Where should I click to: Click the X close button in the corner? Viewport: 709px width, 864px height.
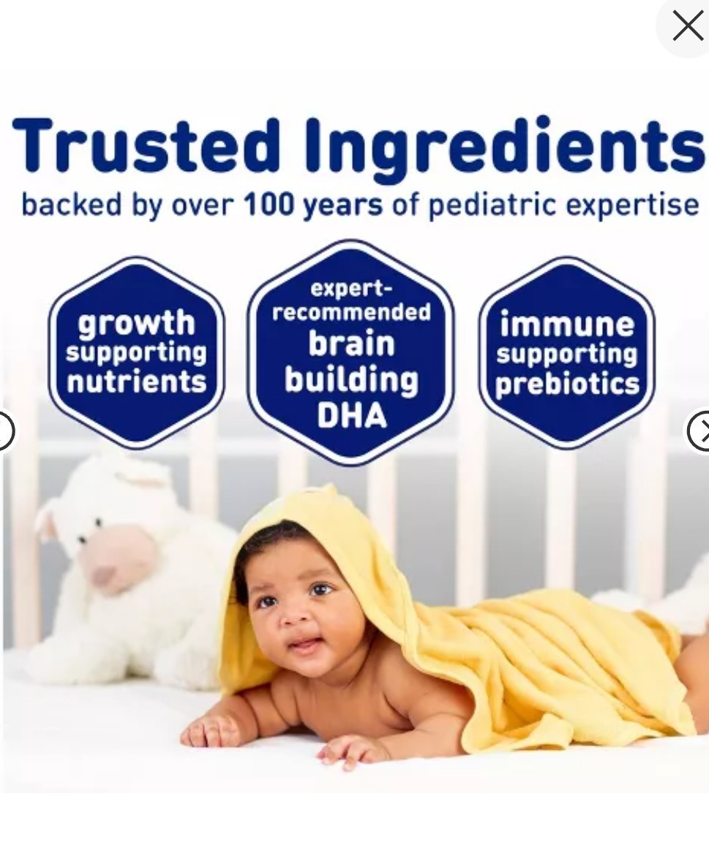coord(688,26)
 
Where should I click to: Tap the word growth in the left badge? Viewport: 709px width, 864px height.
coord(136,323)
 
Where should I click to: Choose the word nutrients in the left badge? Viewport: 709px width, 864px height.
coord(136,382)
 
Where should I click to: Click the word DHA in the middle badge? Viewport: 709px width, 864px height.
coord(351,415)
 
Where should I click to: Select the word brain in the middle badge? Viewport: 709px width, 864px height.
coord(351,343)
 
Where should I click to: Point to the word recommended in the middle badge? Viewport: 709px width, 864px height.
coord(351,312)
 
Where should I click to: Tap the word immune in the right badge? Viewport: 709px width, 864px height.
coord(566,324)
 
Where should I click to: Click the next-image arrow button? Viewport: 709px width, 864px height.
coord(699,431)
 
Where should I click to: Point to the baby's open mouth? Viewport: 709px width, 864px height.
coord(302,644)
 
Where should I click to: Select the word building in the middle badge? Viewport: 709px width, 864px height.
coord(351,381)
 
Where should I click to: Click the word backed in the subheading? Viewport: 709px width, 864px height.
coord(71,205)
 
